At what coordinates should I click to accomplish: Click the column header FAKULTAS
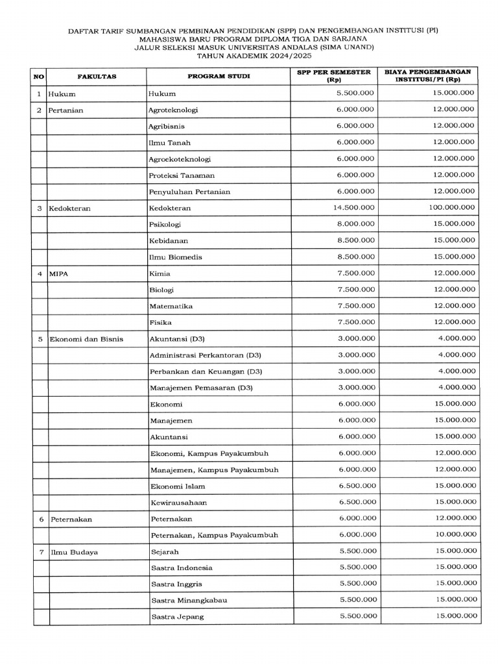(x=97, y=77)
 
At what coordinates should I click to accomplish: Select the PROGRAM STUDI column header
(x=219, y=77)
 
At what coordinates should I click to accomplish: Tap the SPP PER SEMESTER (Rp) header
(x=334, y=76)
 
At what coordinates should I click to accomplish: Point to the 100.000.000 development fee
(x=451, y=207)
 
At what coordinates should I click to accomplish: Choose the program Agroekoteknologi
(x=180, y=159)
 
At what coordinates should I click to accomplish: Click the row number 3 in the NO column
(x=39, y=208)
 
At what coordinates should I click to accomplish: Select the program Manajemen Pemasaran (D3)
(x=201, y=388)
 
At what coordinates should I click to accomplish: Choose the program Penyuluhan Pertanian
(x=189, y=192)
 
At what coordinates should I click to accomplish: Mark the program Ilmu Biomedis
(x=175, y=257)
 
